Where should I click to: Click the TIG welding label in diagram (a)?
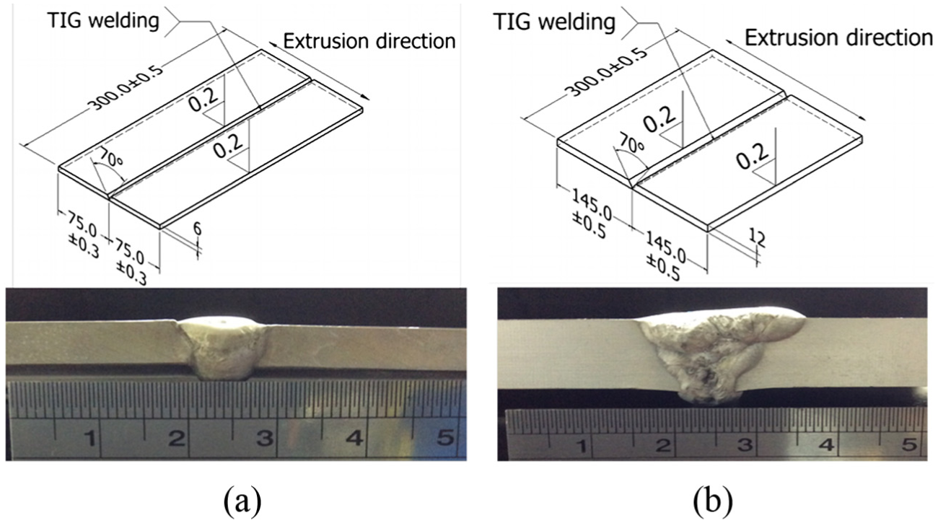[103, 19]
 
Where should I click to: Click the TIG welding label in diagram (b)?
[554, 22]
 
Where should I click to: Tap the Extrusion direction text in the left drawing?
[369, 41]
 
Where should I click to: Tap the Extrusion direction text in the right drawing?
[838, 38]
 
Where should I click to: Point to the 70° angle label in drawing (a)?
[110, 159]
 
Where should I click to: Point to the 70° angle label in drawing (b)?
[632, 144]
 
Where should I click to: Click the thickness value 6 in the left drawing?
[197, 229]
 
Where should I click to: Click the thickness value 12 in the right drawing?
[757, 239]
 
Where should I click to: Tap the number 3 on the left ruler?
[265, 438]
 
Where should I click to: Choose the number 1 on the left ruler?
[90, 438]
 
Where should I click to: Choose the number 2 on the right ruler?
[664, 445]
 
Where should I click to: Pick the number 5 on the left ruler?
[445, 438]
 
